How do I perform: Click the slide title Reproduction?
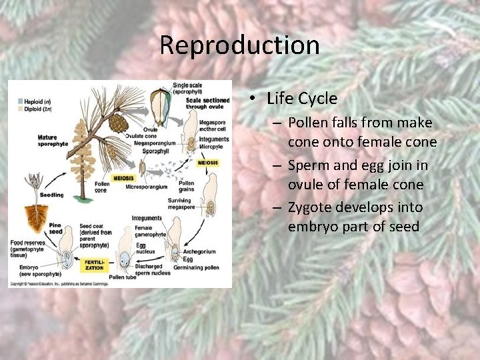[239, 45]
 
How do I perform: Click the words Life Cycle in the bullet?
[301, 99]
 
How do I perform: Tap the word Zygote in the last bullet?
[311, 207]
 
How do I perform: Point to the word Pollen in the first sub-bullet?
[311, 123]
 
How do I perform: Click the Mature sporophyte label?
[52, 140]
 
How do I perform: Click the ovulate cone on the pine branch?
[117, 123]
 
